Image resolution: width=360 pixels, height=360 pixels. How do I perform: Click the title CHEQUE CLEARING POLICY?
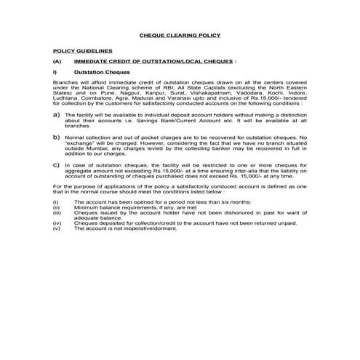click(179, 36)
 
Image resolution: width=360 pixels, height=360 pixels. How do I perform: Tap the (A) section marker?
click(57, 63)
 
